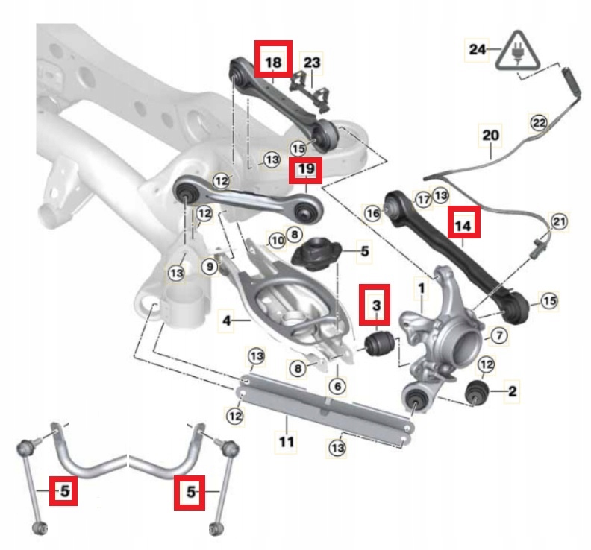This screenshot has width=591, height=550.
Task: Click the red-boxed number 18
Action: pos(272,59)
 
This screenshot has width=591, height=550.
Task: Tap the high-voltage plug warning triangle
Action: pos(516,51)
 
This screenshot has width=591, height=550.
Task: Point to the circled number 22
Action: pos(539,121)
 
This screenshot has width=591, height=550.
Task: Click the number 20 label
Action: pos(490,136)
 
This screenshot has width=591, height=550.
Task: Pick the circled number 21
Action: pos(559,221)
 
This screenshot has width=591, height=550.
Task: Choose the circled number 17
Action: pos(422,198)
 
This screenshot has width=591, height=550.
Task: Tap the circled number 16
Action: pos(373,214)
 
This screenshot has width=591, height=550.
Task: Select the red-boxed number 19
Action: pos(307,171)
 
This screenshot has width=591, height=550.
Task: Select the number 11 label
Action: pos(287,442)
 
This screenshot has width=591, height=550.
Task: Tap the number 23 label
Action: pos(312,63)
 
